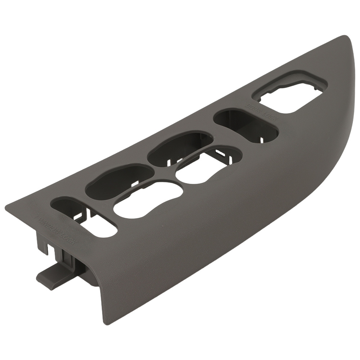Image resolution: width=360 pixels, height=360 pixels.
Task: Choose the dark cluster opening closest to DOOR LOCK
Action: pyautogui.click(x=180, y=149)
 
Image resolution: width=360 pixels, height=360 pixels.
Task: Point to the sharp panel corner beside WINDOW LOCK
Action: pyautogui.click(x=6, y=207)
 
